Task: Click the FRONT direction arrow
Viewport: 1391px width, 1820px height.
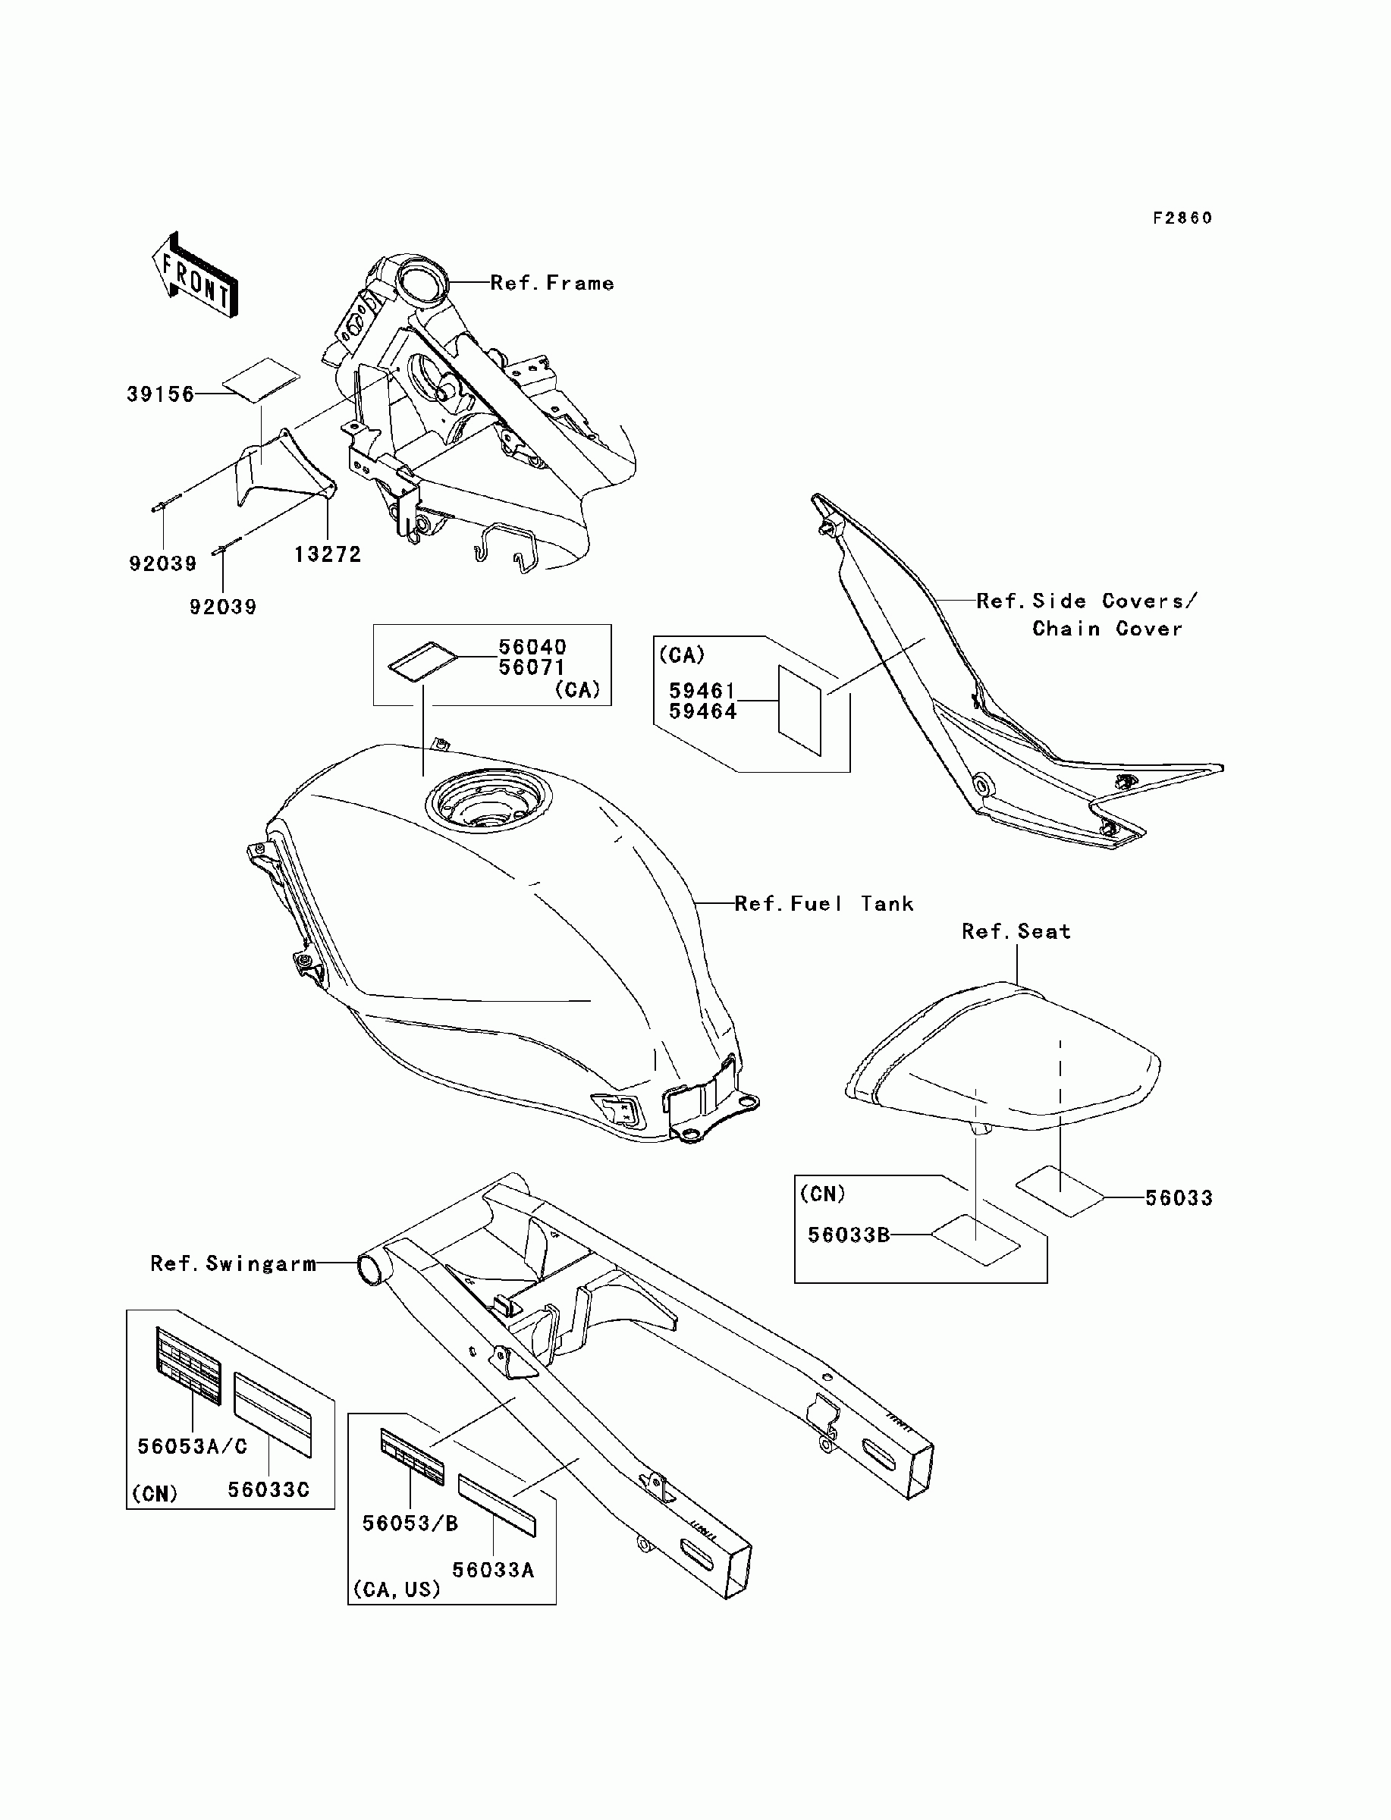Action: tap(196, 275)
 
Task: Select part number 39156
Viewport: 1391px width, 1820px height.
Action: tap(161, 395)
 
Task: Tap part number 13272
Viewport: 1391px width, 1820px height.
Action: tap(328, 554)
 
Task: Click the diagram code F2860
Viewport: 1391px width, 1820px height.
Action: tap(1182, 218)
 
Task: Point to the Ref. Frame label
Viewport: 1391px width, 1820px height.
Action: tap(552, 283)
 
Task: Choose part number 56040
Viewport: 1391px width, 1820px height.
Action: tap(532, 646)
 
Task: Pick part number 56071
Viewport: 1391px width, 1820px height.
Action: tap(532, 667)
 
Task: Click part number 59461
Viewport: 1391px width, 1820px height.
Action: tap(702, 690)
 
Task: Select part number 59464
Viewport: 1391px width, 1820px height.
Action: tap(702, 711)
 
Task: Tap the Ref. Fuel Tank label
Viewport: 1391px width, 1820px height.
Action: tap(824, 904)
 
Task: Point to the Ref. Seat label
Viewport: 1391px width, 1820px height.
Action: tap(1016, 932)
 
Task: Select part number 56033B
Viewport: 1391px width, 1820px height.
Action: tap(849, 1235)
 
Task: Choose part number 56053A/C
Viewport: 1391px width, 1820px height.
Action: tap(192, 1447)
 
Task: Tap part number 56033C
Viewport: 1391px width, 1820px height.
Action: tap(268, 1490)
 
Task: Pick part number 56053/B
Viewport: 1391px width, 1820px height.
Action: tap(410, 1523)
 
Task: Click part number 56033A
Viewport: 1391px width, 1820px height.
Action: tap(493, 1570)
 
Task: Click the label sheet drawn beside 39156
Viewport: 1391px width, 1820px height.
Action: tap(262, 380)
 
